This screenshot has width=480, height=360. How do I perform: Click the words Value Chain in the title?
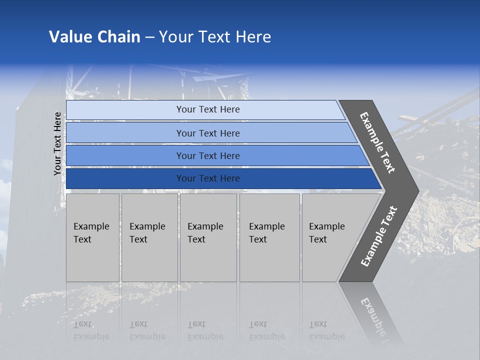click(94, 37)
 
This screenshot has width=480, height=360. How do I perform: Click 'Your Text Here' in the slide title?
click(215, 37)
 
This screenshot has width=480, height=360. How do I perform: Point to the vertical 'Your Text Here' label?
click(57, 143)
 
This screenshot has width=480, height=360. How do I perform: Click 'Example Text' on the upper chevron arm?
click(377, 142)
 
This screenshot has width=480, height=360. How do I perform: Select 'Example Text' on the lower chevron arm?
click(378, 236)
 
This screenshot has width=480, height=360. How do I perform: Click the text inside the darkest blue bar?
click(208, 178)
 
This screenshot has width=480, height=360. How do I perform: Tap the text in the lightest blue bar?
click(208, 109)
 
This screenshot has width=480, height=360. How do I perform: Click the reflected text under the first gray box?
click(91, 330)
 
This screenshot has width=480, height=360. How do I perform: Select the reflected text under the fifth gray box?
click(326, 330)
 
